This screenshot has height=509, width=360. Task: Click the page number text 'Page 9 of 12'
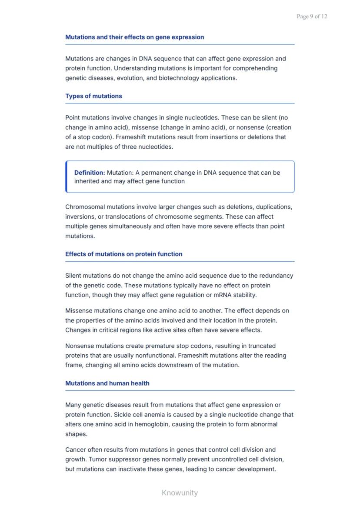[x=312, y=17]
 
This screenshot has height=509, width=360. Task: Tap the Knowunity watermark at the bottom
[x=180, y=492]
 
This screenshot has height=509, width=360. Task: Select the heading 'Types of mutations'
[x=93, y=96]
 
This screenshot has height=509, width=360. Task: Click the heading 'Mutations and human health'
[x=107, y=383]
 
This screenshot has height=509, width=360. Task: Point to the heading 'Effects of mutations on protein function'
[x=123, y=254]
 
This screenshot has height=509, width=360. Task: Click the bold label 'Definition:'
[x=90, y=173]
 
